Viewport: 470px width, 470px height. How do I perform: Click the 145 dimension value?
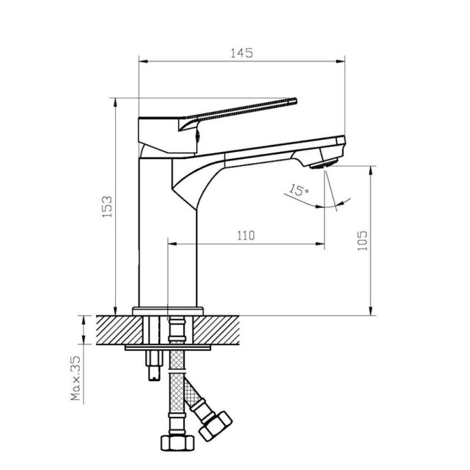point(241,53)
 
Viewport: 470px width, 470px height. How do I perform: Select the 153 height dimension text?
point(107,207)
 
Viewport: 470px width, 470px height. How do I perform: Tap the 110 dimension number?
point(246,236)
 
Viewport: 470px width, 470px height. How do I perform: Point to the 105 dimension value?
point(362,240)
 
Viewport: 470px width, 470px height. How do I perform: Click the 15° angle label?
point(298,190)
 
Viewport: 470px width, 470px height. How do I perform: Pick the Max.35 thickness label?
point(76,378)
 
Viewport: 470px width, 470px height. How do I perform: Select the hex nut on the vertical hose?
point(177,443)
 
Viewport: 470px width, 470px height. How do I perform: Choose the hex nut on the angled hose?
point(216,427)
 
